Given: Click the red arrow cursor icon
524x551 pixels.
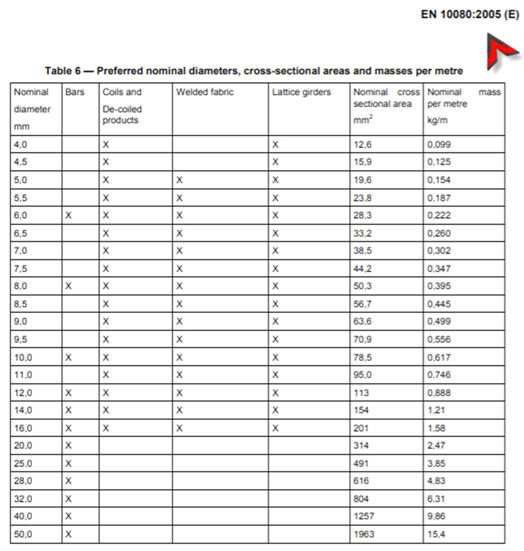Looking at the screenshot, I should (500, 52).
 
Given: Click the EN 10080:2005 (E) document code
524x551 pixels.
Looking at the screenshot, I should (469, 14).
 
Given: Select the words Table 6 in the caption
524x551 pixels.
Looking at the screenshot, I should (63, 71).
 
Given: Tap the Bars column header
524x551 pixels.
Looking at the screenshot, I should (75, 92).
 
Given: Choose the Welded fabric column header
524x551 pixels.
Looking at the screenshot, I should (205, 92).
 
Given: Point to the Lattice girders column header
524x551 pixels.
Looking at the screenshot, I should (301, 92).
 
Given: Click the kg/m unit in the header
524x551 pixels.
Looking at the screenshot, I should (437, 120).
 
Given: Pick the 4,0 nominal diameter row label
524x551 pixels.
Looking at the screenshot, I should (20, 145).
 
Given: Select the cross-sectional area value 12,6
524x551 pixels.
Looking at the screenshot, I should (362, 145).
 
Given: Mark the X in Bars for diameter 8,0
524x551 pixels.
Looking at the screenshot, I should (68, 286).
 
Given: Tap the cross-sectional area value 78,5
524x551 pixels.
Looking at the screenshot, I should (362, 358).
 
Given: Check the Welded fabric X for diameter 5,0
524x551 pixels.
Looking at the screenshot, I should (179, 180).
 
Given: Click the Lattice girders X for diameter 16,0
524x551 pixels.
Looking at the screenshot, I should (275, 428).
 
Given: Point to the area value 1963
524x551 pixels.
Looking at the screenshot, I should (364, 534).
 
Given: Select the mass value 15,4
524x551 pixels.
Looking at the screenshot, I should (436, 534).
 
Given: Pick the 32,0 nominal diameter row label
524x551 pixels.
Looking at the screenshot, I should (23, 499).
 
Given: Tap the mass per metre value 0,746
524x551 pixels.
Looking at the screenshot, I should (439, 375).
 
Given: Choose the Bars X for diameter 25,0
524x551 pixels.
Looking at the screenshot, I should (68, 464).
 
